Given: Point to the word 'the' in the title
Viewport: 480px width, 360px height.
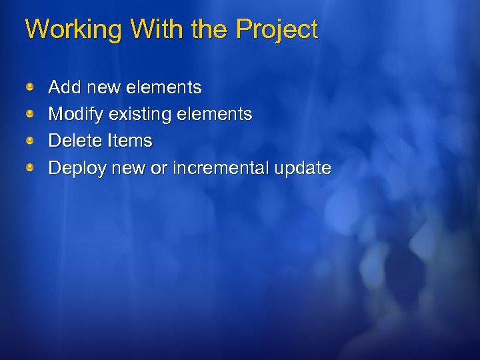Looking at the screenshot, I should coord(207,29).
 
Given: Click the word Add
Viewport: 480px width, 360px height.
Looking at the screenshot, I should coord(64,87).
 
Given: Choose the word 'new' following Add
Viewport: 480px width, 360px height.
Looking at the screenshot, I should coord(100,87).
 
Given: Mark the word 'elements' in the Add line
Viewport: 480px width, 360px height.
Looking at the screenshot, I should coord(162,87).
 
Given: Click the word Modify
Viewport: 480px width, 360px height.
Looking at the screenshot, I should coord(76,115).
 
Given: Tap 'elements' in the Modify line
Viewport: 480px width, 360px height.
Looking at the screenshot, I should coord(214,115).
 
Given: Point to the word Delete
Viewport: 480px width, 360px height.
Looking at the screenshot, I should coord(75,141).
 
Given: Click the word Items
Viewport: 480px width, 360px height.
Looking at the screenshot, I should coord(129,141).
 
